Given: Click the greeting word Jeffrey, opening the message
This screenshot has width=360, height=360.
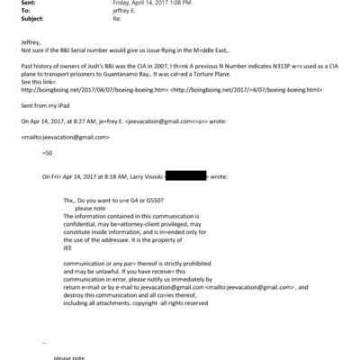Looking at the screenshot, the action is pos(31,42).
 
